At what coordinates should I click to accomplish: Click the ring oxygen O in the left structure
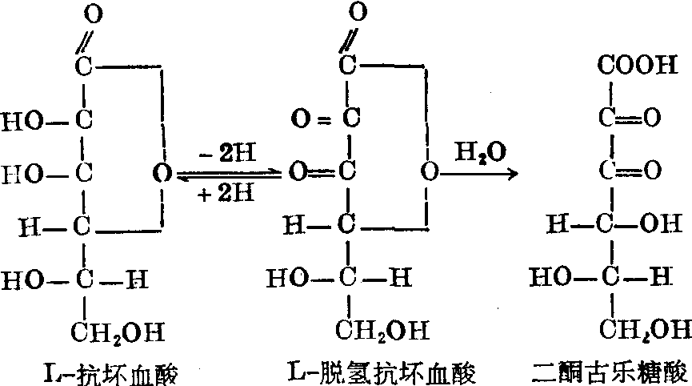[x=161, y=172]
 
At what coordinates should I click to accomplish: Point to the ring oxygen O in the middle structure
[x=430, y=172]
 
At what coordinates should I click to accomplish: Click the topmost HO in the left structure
[x=19, y=122]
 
